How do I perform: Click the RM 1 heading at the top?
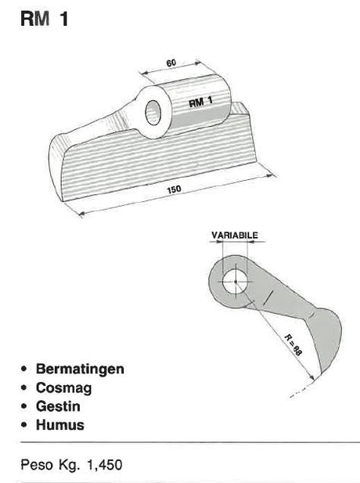pyautogui.click(x=44, y=19)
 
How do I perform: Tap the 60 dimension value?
pyautogui.click(x=171, y=63)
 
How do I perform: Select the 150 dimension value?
pyautogui.click(x=174, y=189)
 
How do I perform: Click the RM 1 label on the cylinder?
pyautogui.click(x=200, y=101)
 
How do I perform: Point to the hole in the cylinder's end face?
pyautogui.click(x=153, y=113)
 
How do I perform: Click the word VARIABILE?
pyautogui.click(x=235, y=236)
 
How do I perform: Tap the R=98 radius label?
pyautogui.click(x=293, y=344)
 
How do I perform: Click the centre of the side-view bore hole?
pyautogui.click(x=236, y=282)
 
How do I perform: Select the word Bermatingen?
pyautogui.click(x=80, y=369)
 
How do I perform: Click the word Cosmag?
pyautogui.click(x=63, y=387)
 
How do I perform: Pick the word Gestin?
pyautogui.click(x=58, y=406)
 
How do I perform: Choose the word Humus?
pyautogui.click(x=60, y=425)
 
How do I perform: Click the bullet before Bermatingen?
pyautogui.click(x=24, y=369)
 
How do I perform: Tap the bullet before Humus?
pyautogui.click(x=24, y=425)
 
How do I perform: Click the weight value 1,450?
pyautogui.click(x=105, y=465)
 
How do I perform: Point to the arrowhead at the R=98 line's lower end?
pyautogui.click(x=311, y=377)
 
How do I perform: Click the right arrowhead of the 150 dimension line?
pyautogui.click(x=270, y=175)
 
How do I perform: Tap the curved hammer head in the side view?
pyautogui.click(x=327, y=339)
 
